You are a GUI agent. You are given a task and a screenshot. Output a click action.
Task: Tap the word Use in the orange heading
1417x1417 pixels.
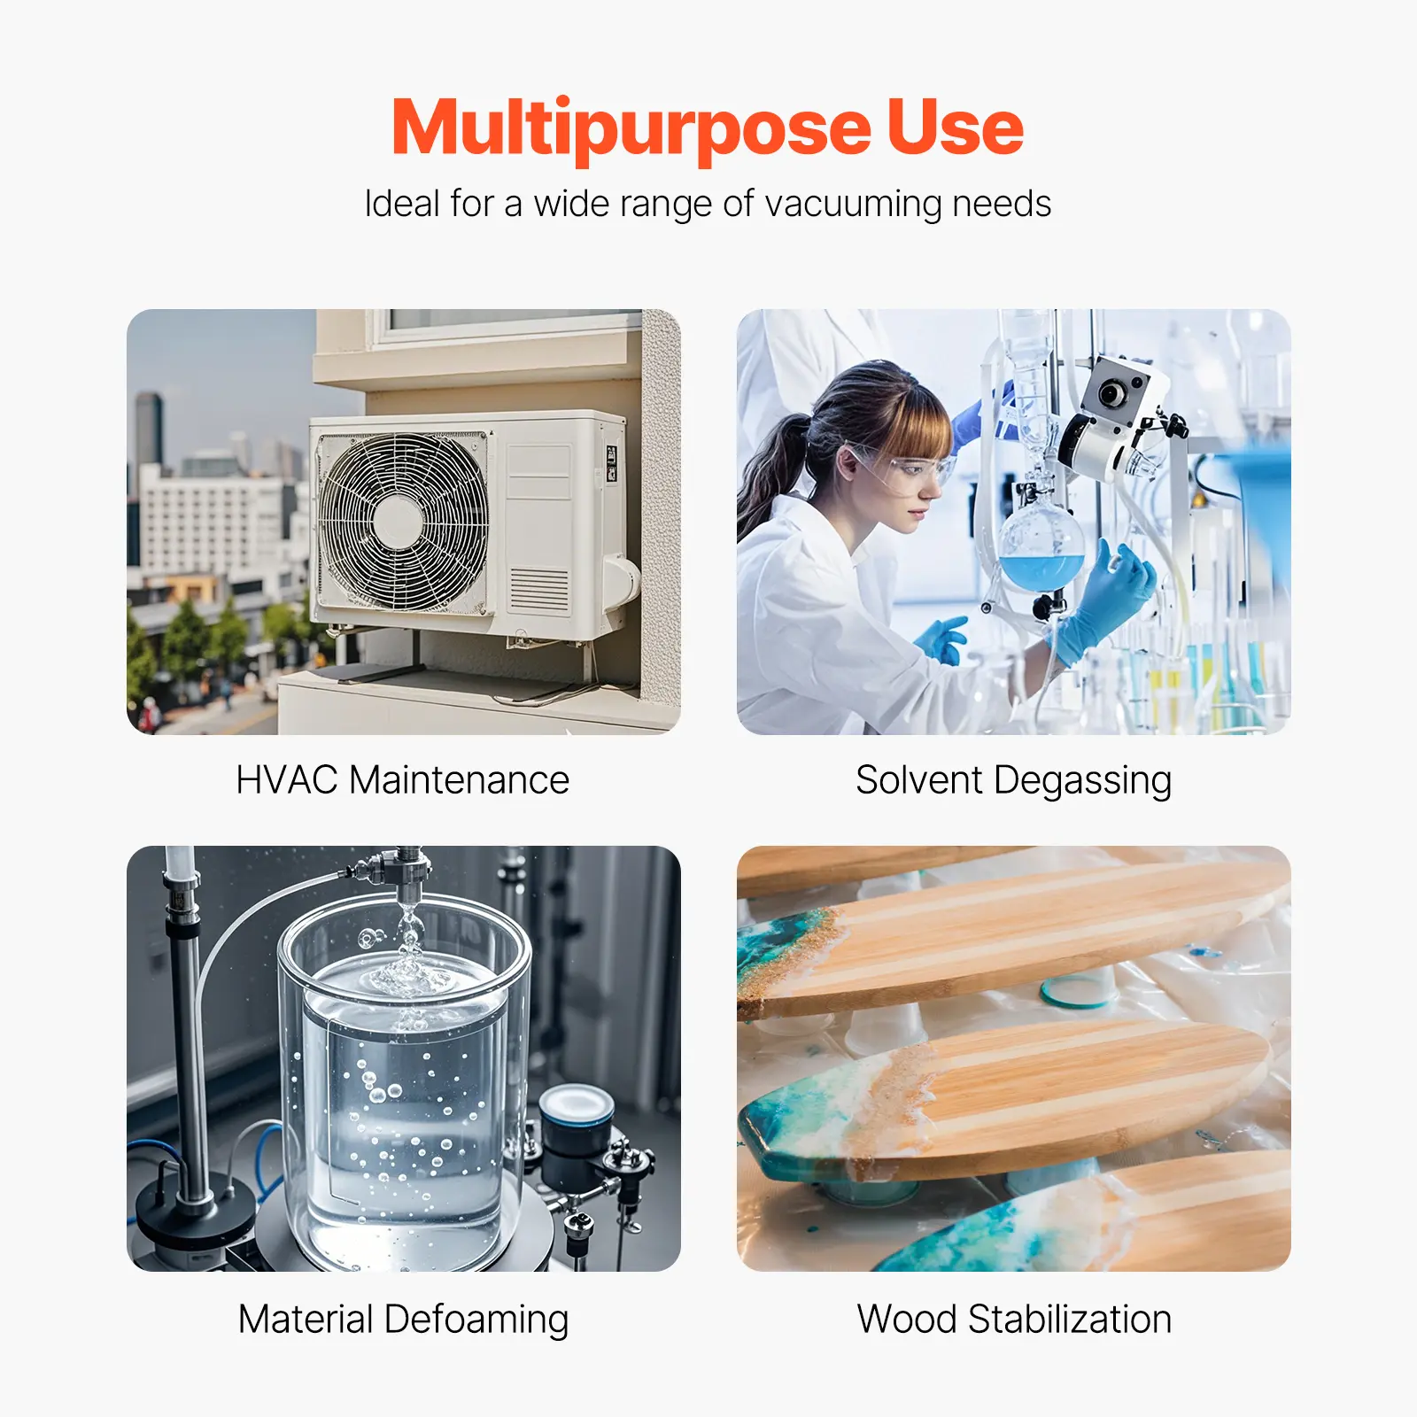tap(956, 126)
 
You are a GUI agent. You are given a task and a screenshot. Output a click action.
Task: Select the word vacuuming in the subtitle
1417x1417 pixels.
tap(854, 205)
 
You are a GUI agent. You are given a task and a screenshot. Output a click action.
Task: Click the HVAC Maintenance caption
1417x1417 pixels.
tap(403, 780)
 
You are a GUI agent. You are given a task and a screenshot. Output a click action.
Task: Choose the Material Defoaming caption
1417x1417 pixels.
tap(404, 1320)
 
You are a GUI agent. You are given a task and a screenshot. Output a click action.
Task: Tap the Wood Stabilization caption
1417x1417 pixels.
tap(1015, 1319)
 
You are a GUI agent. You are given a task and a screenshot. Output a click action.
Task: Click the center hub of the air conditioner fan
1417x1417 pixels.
tap(398, 523)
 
